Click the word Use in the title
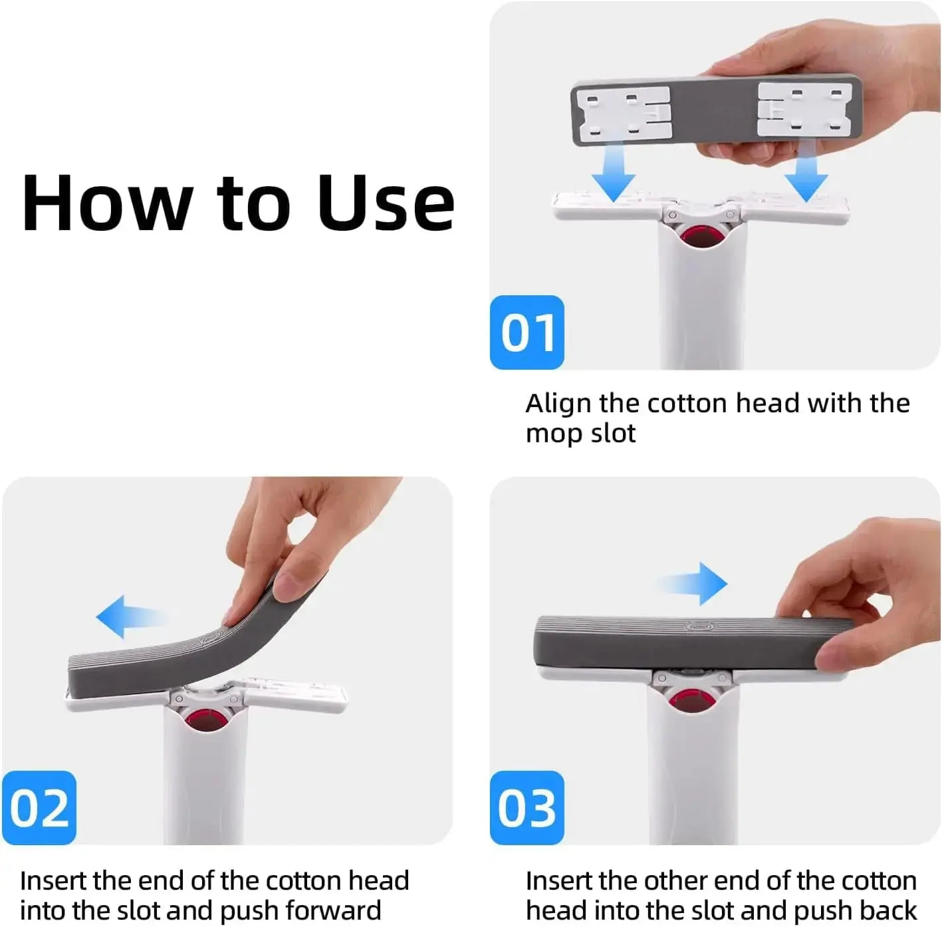coord(386,203)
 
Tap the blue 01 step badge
coord(527,332)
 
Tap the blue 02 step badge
coord(39,808)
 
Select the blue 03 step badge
coord(527,808)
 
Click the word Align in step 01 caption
coord(558,404)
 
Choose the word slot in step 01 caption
coord(610,434)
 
